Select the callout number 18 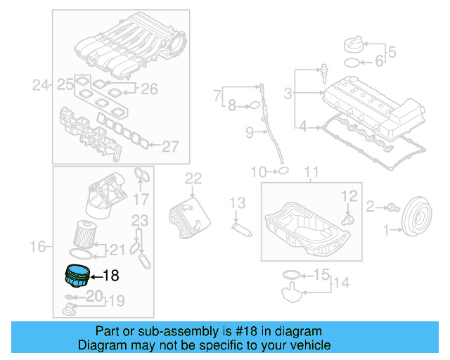(112, 276)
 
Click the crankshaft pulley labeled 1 (415, 214)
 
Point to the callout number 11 (311, 171)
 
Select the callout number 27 (171, 146)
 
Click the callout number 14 (341, 283)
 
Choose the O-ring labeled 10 (282, 170)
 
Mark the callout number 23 (141, 220)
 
